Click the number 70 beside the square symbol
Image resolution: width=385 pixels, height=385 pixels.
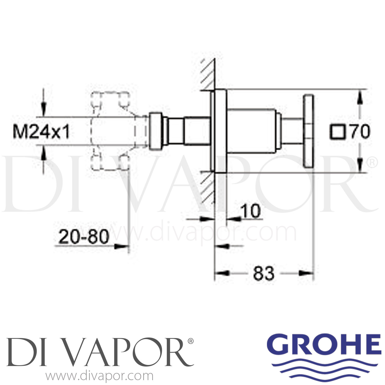pos(360,132)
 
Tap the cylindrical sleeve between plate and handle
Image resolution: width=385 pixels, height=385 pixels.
pos(253,131)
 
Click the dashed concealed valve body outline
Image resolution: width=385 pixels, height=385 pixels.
pos(110,131)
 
